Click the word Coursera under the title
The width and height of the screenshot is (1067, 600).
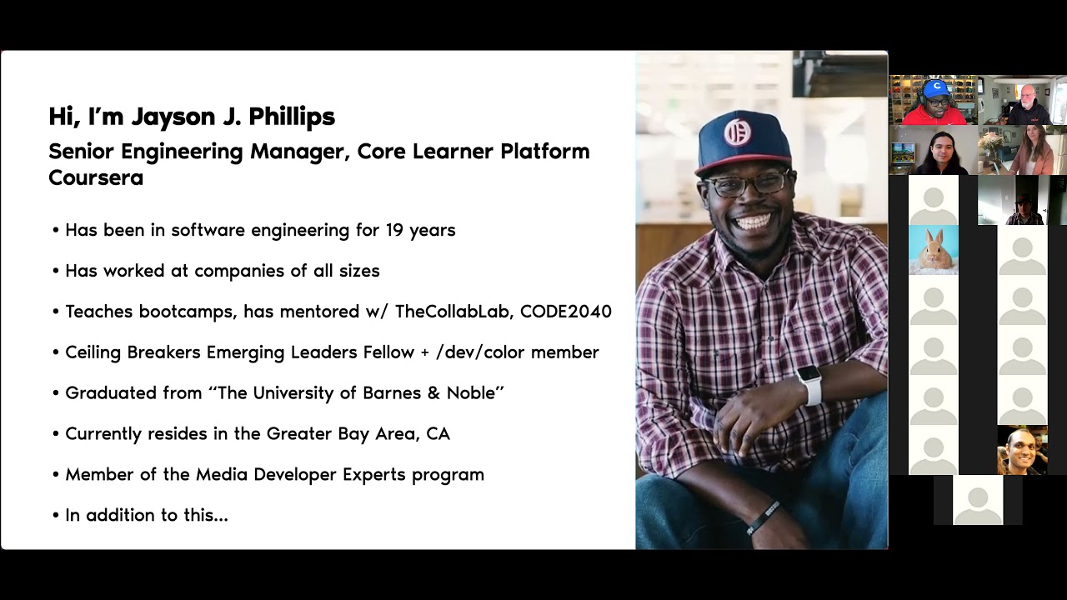point(96,177)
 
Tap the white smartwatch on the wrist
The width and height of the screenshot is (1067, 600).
point(808,385)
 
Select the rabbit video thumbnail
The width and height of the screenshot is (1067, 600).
point(933,249)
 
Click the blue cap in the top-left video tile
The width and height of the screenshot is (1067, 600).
point(936,87)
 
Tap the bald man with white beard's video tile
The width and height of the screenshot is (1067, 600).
point(1024,101)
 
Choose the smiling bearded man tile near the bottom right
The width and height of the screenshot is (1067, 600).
point(1022,450)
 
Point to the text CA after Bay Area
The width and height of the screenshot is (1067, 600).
point(438,434)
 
